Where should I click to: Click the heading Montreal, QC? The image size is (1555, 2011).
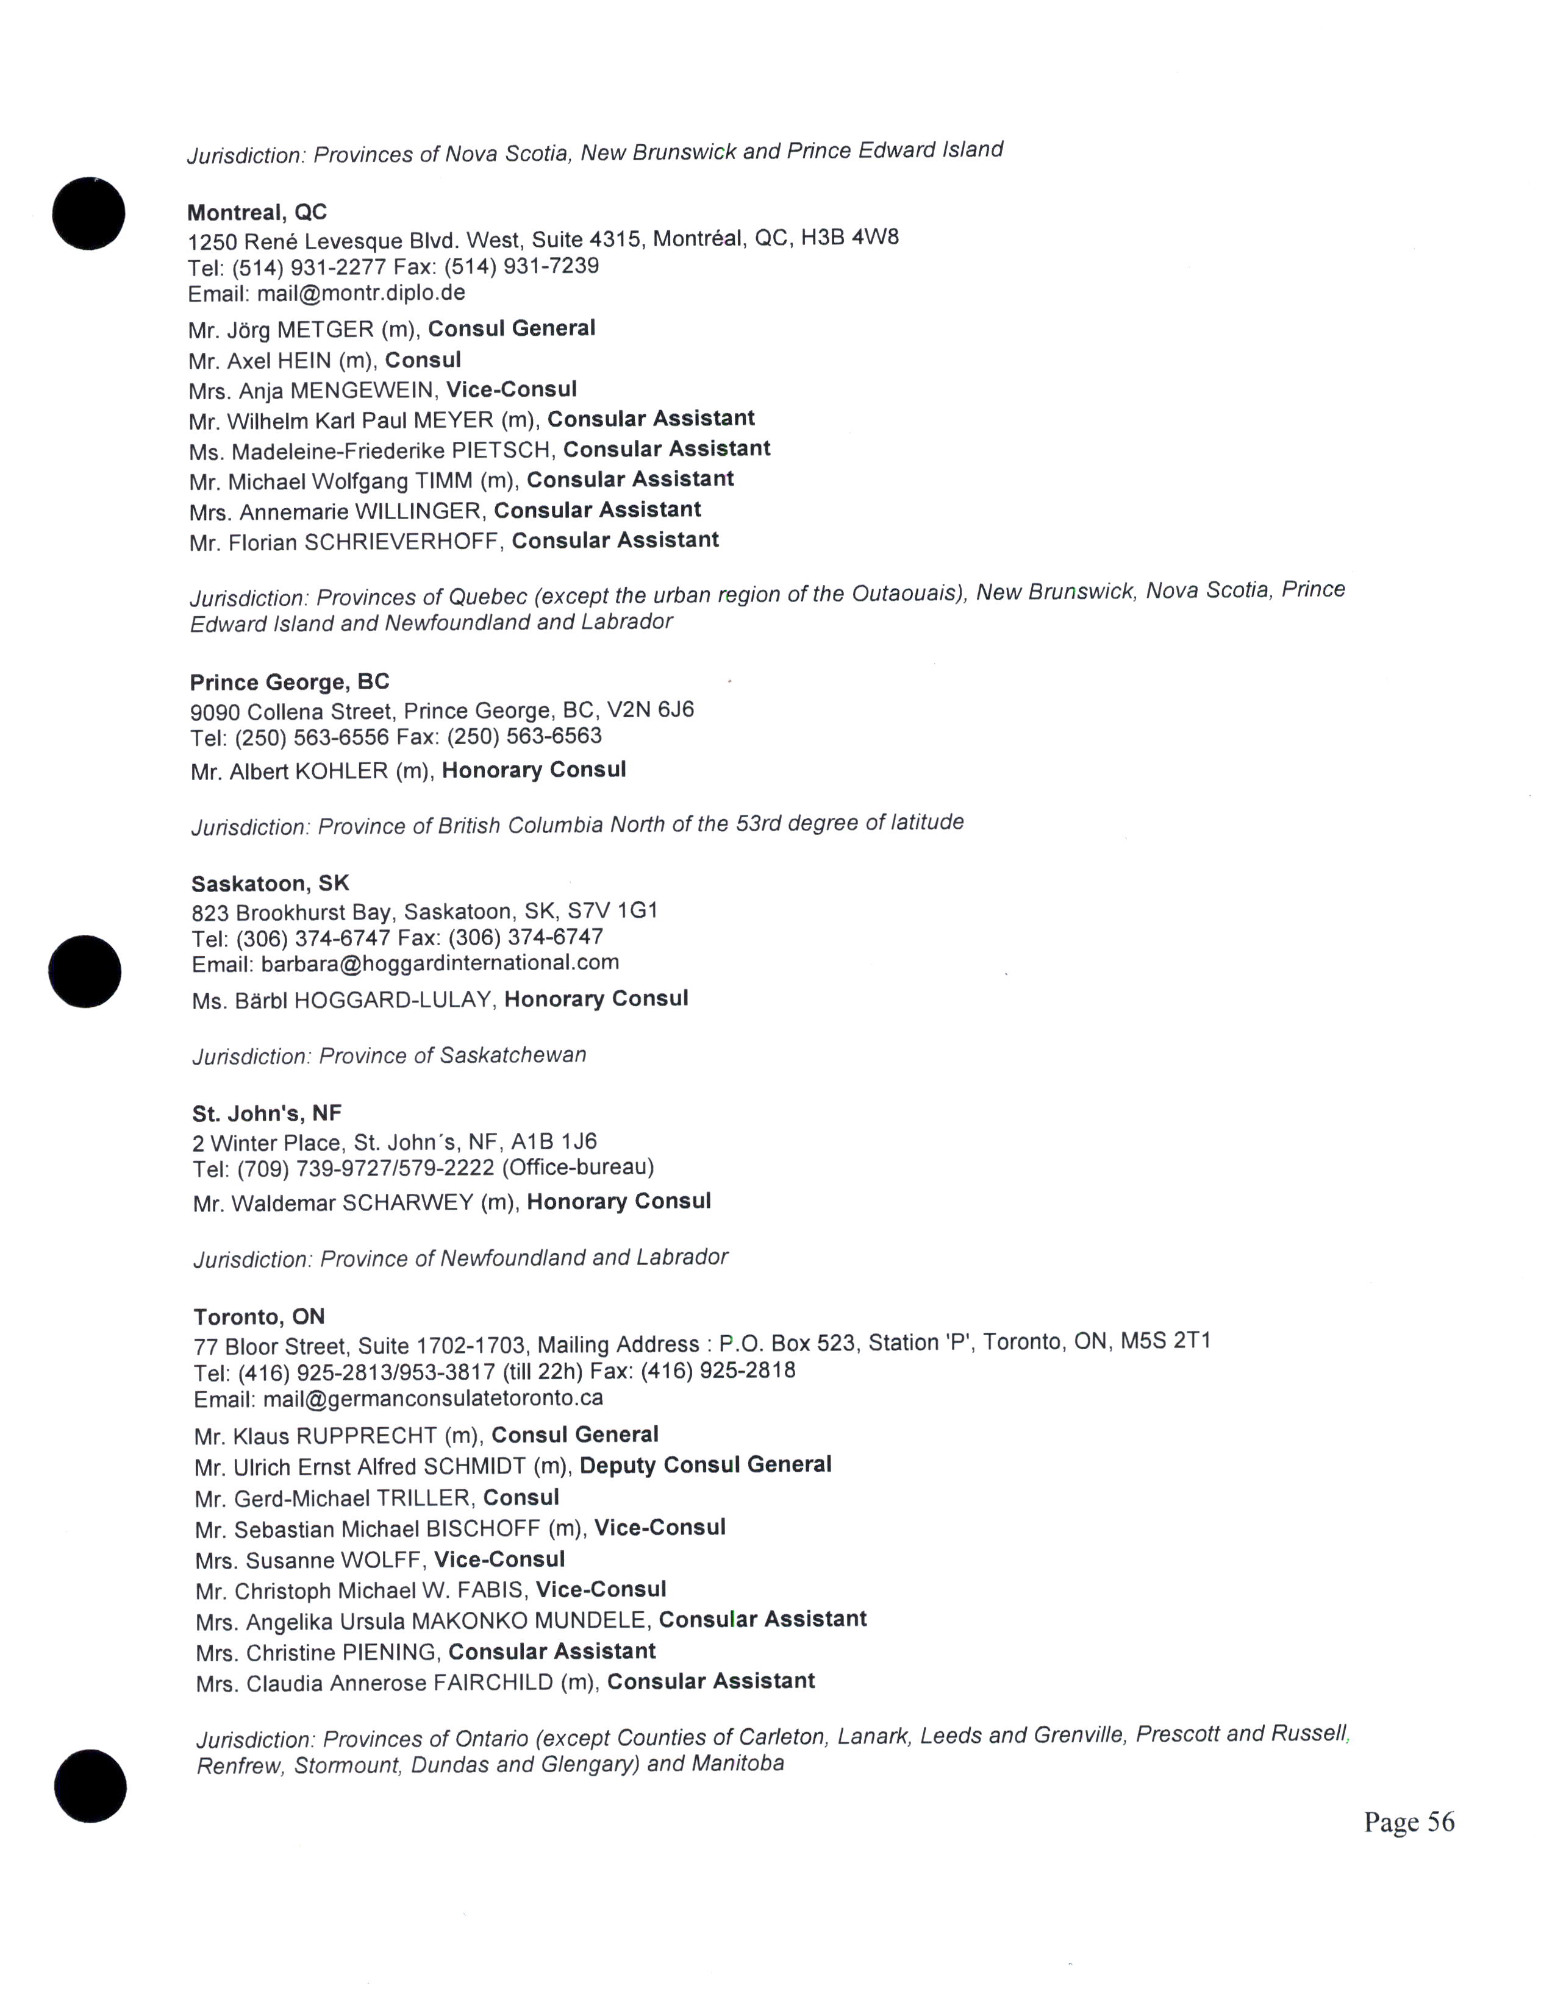coord(257,213)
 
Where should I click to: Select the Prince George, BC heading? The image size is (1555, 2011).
coord(289,683)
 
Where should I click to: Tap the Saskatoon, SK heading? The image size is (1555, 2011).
coord(270,884)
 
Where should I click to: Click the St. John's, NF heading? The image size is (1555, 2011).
coord(266,1113)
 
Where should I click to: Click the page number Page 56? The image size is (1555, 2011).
coord(1409,1822)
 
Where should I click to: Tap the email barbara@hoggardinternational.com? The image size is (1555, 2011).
coord(440,963)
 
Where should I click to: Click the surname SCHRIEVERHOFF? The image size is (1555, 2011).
coord(402,542)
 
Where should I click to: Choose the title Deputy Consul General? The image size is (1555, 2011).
coord(706,1465)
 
